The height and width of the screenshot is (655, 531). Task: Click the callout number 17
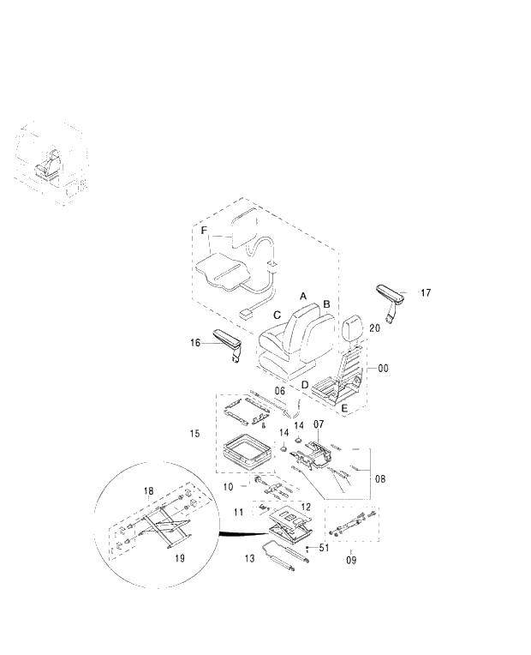point(426,293)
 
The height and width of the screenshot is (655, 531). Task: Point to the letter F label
point(204,231)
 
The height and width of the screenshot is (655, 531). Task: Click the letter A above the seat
point(303,295)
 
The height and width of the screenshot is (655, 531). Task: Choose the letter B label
point(326,304)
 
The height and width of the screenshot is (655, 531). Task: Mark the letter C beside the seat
point(277,315)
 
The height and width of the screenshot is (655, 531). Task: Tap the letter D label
point(304,384)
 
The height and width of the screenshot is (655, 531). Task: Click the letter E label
point(344,409)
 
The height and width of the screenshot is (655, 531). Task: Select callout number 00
point(383,368)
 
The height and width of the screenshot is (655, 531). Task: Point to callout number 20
point(374,328)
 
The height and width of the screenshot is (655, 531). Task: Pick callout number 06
point(280,391)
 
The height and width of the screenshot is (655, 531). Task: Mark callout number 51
point(324,547)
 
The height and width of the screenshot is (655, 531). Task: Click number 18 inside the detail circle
point(148,491)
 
